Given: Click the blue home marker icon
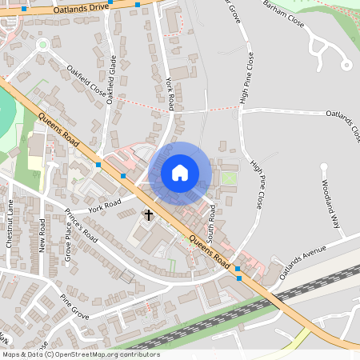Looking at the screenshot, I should [x=180, y=173].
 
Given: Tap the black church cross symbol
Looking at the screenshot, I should [x=148, y=214].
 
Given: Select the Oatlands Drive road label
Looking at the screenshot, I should [x=81, y=8].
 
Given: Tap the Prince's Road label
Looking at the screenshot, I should [x=81, y=226].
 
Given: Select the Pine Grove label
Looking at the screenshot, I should [x=74, y=304].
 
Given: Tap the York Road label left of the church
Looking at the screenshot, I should [x=105, y=205].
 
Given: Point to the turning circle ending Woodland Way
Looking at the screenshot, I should [x=325, y=166].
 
